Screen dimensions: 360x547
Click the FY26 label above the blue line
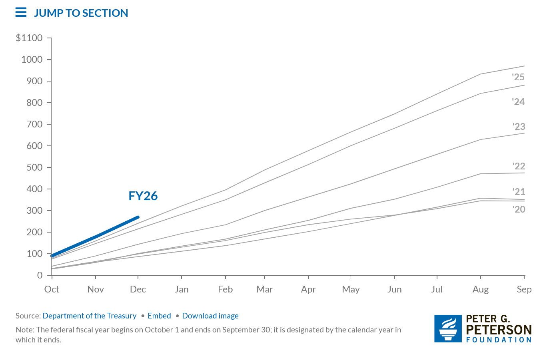point(143,196)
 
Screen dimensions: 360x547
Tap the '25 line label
point(518,77)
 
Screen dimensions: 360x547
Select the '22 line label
point(519,166)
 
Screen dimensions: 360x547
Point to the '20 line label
point(519,209)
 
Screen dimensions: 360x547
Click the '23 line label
point(519,127)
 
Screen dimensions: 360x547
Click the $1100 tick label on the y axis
point(29,38)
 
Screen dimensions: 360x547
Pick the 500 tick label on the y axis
point(34,167)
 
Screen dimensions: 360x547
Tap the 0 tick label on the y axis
point(40,275)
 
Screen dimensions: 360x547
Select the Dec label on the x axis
point(138,289)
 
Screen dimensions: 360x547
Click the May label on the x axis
point(351,289)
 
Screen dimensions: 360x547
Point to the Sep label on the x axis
point(524,289)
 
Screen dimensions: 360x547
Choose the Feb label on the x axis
point(225,289)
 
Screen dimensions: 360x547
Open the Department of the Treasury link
point(90,316)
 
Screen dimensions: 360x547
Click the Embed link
point(159,316)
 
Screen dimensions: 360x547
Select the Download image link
point(210,316)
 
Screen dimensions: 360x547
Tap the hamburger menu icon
point(21,13)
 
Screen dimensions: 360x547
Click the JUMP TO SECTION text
point(81,13)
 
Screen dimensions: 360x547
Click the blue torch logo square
point(448,328)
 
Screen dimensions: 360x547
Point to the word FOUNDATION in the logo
point(499,340)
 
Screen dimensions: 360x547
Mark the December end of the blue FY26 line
point(138,217)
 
